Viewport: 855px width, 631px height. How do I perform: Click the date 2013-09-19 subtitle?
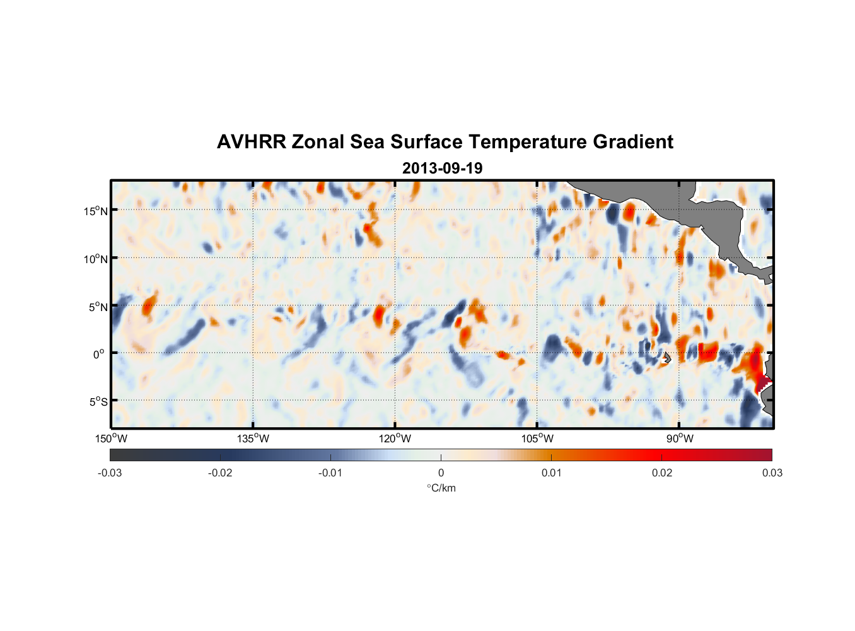(x=442, y=168)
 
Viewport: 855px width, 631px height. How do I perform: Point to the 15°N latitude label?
(x=96, y=211)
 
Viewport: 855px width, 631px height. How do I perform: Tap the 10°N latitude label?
(x=96, y=259)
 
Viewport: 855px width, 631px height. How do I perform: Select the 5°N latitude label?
(x=98, y=307)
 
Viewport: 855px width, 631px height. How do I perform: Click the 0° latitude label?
(x=99, y=355)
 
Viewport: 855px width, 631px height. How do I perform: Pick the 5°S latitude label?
(x=98, y=402)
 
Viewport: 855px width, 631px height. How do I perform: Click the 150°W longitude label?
(x=112, y=439)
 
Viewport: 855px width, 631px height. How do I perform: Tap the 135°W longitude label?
(x=253, y=439)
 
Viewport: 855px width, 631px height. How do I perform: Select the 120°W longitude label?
(x=395, y=439)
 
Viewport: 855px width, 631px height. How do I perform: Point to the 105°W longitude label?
(x=537, y=439)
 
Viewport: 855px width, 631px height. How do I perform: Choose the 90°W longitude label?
(x=680, y=439)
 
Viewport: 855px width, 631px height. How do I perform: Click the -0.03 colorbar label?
(x=110, y=473)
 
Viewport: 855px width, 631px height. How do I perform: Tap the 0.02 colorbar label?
(x=662, y=473)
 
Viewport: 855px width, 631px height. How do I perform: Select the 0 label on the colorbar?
(x=441, y=473)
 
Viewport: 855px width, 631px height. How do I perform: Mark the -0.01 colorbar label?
(x=330, y=473)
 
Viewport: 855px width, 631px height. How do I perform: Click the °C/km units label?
(x=441, y=488)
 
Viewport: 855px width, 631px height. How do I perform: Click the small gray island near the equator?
(x=667, y=358)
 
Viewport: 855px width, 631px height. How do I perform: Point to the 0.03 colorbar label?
(x=772, y=473)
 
